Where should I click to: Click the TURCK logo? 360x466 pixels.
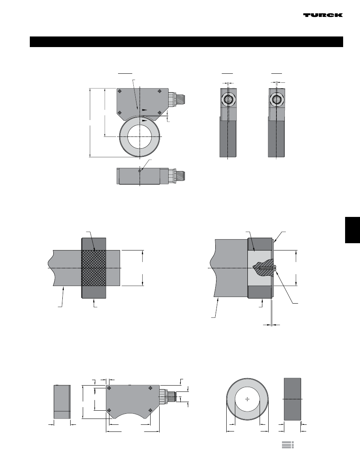(323, 15)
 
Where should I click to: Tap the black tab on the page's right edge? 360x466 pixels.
(353, 230)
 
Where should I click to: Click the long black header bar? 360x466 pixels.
(186, 42)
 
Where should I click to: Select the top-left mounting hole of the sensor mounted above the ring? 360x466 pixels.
(120, 91)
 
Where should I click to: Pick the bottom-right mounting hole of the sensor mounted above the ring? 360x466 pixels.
(160, 113)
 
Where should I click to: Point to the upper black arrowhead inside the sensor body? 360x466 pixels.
(144, 110)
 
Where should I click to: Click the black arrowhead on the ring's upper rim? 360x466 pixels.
(144, 121)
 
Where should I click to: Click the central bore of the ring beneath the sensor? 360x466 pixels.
(140, 137)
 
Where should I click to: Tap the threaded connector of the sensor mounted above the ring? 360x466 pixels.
(178, 100)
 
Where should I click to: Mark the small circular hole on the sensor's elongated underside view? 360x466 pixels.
(139, 171)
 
